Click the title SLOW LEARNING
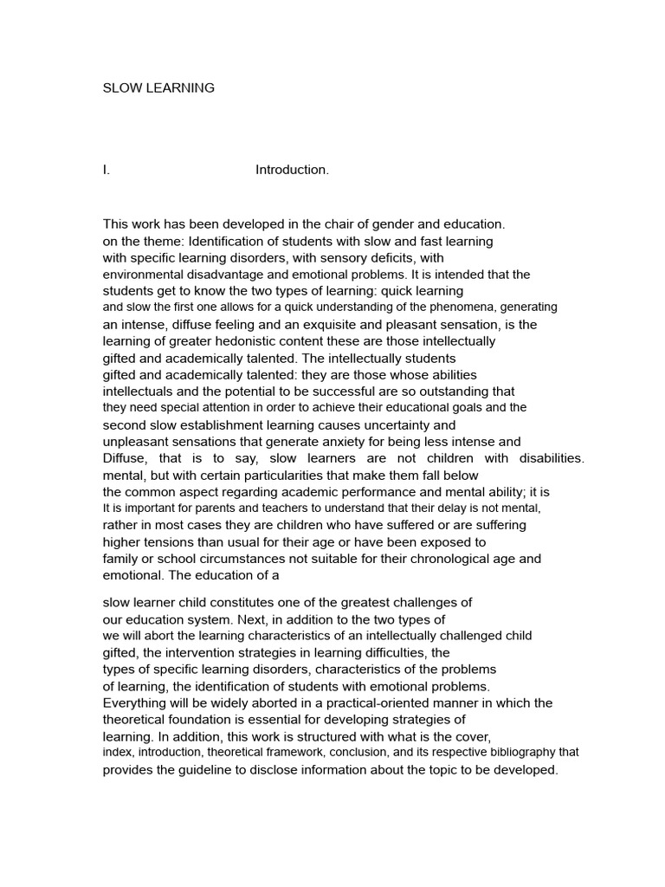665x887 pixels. pyautogui.click(x=158, y=87)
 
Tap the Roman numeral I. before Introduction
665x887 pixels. pyautogui.click(x=107, y=171)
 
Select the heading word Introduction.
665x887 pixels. pyautogui.click(x=292, y=171)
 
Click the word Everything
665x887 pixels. pyautogui.click(x=135, y=702)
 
